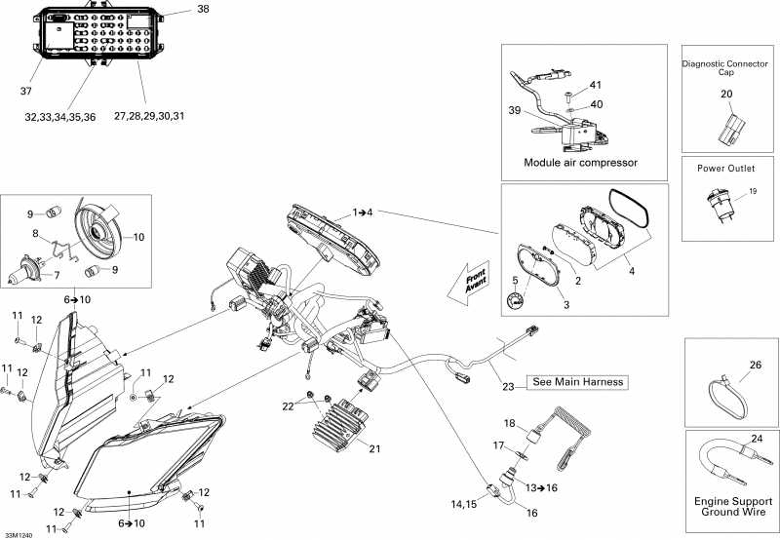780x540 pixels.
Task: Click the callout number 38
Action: tap(203, 9)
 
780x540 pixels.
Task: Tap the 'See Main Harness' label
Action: tap(576, 381)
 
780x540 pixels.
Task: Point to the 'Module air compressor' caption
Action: tap(580, 162)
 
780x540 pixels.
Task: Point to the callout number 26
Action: tap(755, 366)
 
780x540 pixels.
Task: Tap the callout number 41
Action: tap(595, 85)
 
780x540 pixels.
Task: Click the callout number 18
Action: tap(508, 423)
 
